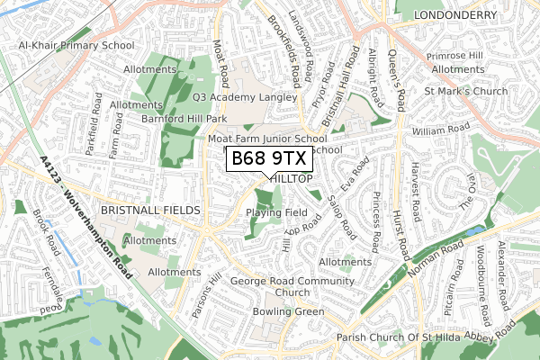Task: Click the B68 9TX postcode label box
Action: [x=269, y=159]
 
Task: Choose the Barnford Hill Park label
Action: [x=184, y=117]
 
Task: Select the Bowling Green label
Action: [x=288, y=311]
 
